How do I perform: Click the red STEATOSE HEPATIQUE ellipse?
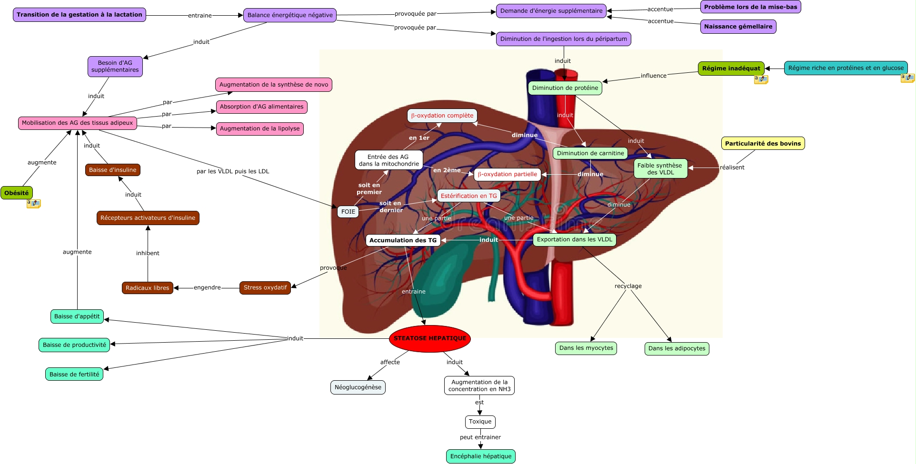point(430,338)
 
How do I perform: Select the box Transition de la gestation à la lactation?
point(80,15)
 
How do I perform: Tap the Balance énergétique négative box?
point(290,15)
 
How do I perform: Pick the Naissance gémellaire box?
point(738,27)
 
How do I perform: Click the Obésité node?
point(17,193)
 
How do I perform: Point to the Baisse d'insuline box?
point(113,170)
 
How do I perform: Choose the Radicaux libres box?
point(148,288)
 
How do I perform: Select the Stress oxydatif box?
point(265,287)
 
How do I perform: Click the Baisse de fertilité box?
point(74,374)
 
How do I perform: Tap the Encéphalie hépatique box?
point(481,456)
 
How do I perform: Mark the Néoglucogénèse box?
point(358,387)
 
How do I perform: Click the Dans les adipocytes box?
point(677,348)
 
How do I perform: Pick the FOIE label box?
point(348,212)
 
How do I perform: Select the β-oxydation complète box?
point(442,116)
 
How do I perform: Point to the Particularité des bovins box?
point(763,143)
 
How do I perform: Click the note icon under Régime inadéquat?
point(761,79)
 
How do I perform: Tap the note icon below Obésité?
point(33,204)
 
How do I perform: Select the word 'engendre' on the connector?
point(207,287)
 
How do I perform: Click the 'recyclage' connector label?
point(628,286)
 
